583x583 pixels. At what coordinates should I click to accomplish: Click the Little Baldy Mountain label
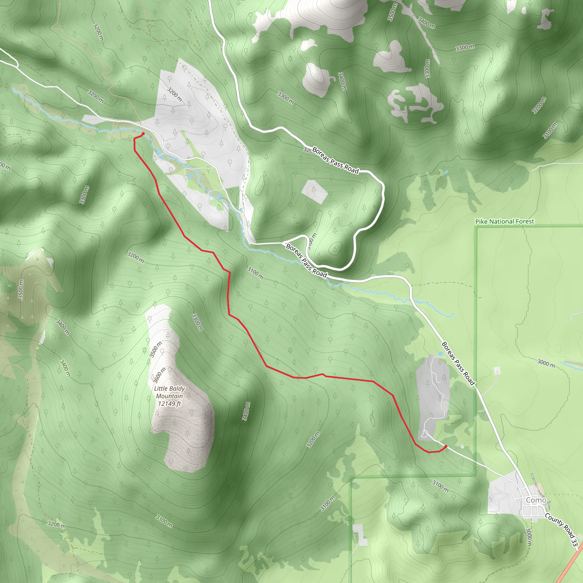tap(169, 392)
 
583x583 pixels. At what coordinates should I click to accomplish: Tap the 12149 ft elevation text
tap(169, 404)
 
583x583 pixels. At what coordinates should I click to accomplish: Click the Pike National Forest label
tap(504, 221)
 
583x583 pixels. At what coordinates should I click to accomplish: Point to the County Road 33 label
tap(561, 530)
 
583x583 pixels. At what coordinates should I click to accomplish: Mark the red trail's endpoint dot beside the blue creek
tap(143, 134)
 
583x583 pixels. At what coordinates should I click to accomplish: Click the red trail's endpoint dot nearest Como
tap(446, 446)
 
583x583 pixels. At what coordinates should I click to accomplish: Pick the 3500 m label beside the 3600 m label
tap(156, 350)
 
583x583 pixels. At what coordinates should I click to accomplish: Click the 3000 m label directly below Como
tap(528, 537)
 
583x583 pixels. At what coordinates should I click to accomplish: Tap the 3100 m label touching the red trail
tap(255, 273)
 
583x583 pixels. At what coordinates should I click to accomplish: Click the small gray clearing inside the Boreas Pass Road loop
tap(315, 191)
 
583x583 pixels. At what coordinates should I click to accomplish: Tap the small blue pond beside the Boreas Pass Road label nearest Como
tap(440, 353)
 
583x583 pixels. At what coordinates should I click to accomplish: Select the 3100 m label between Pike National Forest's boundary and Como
tap(440, 486)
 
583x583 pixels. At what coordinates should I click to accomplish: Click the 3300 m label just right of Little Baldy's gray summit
tap(197, 322)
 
